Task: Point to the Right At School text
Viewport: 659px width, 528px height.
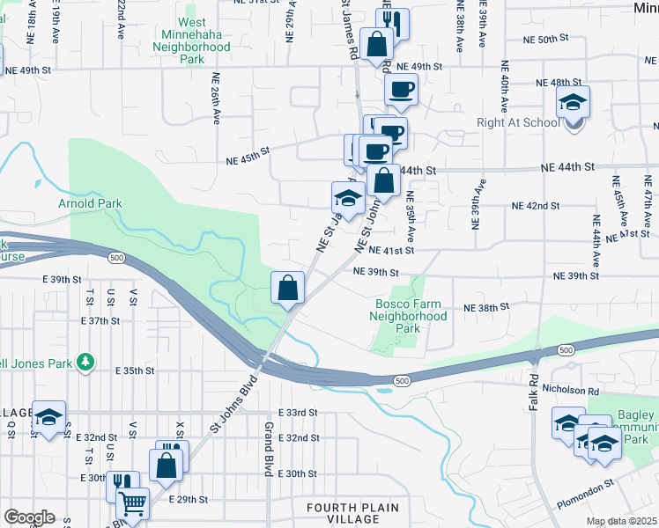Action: click(519, 122)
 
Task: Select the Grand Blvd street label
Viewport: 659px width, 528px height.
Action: click(267, 449)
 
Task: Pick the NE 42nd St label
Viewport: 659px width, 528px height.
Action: click(536, 206)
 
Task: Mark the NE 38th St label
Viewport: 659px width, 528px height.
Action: click(487, 307)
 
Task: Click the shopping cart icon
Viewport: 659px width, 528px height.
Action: click(133, 504)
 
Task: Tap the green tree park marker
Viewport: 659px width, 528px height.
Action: click(85, 361)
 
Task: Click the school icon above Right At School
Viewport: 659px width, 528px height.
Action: click(573, 103)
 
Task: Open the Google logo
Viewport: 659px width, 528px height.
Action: click(29, 517)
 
